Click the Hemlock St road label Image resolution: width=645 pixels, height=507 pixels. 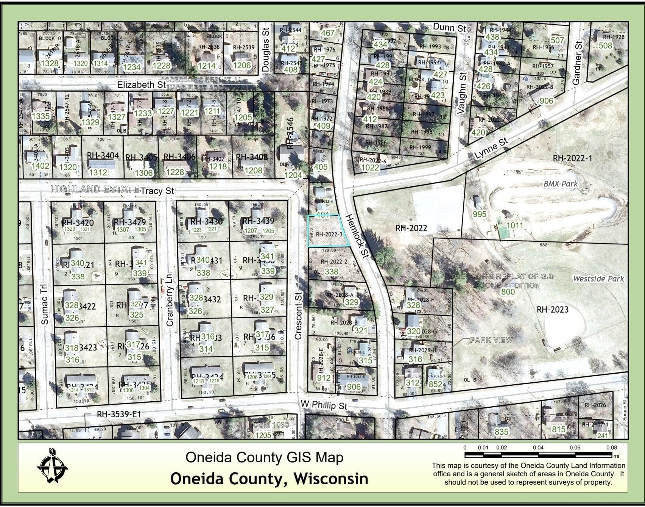click(x=357, y=236)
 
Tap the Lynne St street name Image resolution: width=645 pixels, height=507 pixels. click(x=491, y=149)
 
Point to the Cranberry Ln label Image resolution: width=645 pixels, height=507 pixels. click(x=169, y=299)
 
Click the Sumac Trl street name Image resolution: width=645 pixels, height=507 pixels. click(x=44, y=304)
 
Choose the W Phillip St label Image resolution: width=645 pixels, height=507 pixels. click(x=324, y=405)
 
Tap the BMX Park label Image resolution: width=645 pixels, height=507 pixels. click(x=561, y=184)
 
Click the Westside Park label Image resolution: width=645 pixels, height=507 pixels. click(x=598, y=279)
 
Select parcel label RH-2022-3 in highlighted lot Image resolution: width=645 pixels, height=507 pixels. click(x=329, y=235)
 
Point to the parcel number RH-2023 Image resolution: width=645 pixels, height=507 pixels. click(x=553, y=310)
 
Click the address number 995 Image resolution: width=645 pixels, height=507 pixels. click(x=480, y=214)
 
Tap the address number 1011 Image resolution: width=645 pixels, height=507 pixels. click(x=515, y=225)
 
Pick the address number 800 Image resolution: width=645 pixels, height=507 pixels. click(x=508, y=292)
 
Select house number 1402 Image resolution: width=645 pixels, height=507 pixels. click(x=40, y=166)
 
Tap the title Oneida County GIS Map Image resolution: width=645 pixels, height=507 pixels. click(x=264, y=457)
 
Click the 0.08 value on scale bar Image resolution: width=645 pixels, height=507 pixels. click(x=611, y=448)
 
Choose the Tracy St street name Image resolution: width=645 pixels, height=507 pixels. click(x=157, y=191)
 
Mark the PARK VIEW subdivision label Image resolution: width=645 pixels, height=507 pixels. click(x=491, y=340)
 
